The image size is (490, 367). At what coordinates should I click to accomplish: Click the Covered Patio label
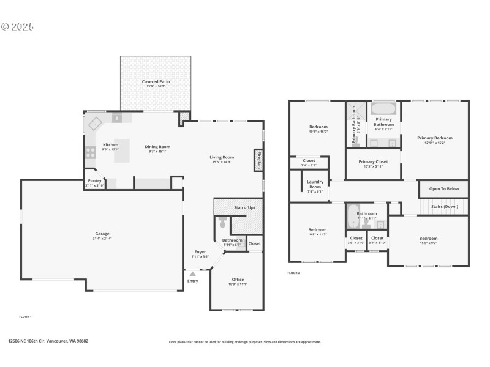(156, 81)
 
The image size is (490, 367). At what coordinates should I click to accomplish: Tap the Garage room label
(102, 234)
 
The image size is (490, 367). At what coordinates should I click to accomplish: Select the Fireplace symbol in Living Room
(259, 160)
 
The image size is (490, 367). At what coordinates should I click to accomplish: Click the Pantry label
(95, 181)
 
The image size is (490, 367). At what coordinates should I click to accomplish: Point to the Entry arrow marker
(193, 273)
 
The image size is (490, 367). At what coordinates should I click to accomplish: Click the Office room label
(238, 280)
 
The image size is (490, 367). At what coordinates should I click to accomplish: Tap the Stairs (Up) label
(244, 208)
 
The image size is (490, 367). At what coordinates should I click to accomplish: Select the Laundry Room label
(315, 184)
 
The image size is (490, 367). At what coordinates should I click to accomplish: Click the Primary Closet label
(373, 161)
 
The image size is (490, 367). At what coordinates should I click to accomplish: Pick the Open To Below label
(444, 189)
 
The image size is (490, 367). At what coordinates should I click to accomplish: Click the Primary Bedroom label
(435, 138)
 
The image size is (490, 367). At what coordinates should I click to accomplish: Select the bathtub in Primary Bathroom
(383, 109)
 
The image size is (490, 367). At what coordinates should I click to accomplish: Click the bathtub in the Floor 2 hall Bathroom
(352, 215)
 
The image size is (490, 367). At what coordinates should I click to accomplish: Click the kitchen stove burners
(90, 152)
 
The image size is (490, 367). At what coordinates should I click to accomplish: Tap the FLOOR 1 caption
(26, 317)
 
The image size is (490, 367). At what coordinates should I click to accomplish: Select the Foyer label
(200, 252)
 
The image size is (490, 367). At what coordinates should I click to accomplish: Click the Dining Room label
(157, 147)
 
